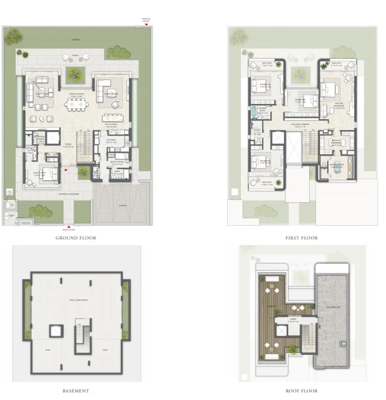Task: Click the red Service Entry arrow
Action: click(x=146, y=25)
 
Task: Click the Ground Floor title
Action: click(x=76, y=238)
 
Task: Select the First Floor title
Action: click(x=302, y=238)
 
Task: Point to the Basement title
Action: click(x=76, y=391)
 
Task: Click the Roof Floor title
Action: click(x=302, y=391)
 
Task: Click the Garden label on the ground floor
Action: click(x=76, y=40)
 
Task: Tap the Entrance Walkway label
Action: click(x=69, y=194)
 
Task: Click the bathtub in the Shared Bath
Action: click(x=253, y=112)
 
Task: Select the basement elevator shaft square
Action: click(x=56, y=331)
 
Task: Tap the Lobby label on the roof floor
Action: click(x=293, y=320)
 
